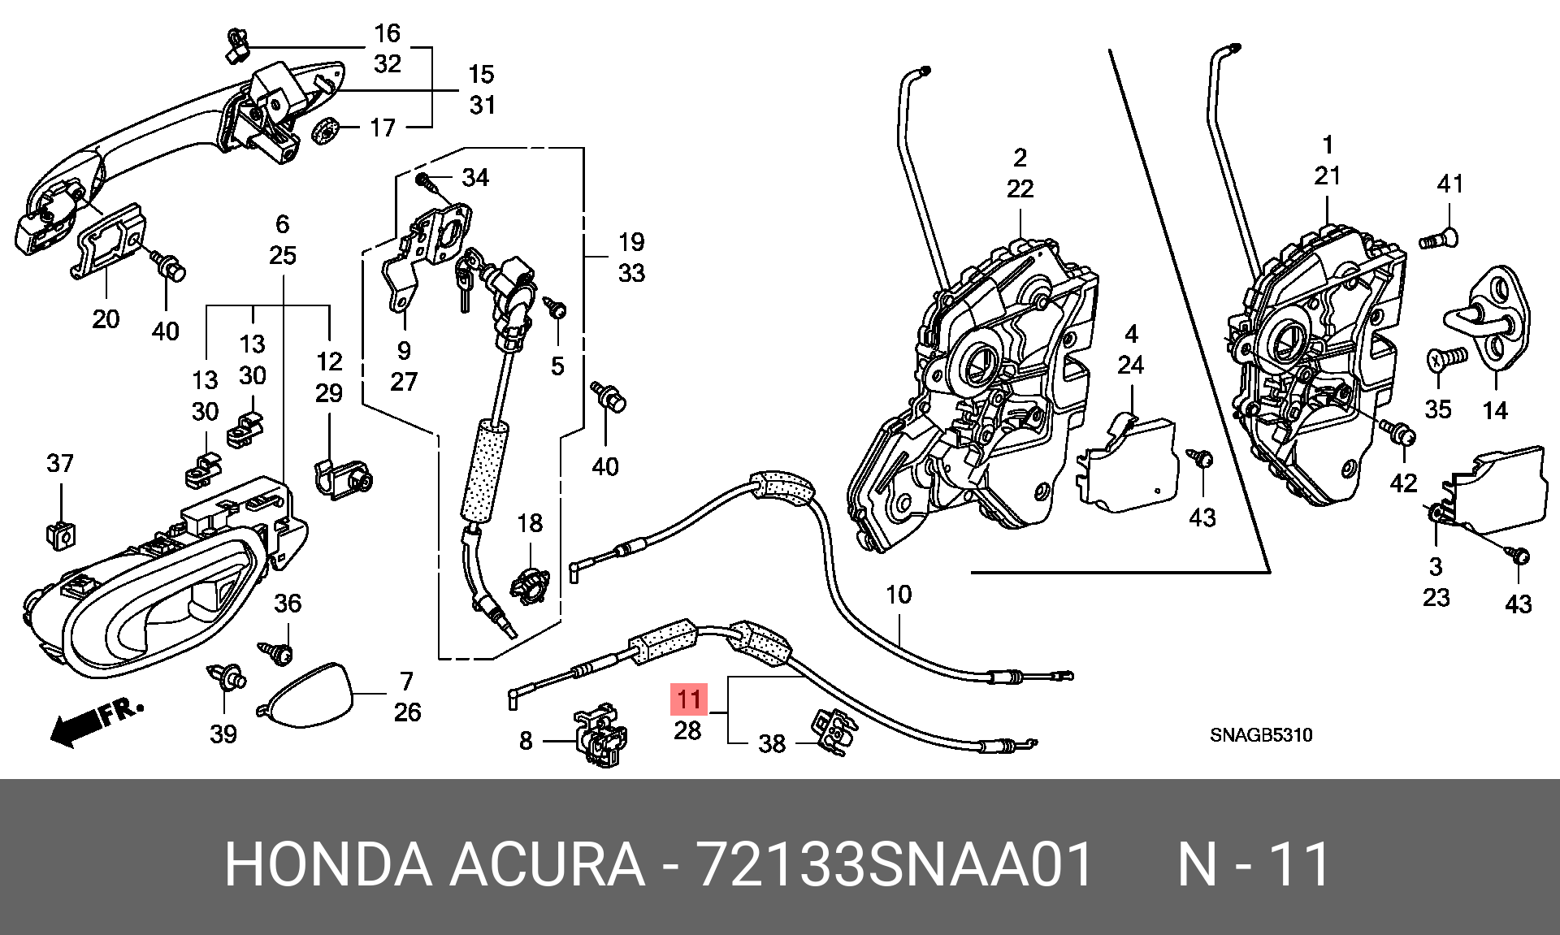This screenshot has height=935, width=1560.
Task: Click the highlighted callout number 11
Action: click(688, 699)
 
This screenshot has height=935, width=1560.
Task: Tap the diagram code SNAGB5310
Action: click(1261, 735)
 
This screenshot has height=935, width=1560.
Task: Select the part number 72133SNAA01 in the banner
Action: click(895, 864)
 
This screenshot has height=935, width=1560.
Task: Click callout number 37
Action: click(60, 463)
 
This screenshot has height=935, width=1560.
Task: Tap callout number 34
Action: click(475, 177)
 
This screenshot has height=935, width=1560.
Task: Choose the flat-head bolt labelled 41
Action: click(1439, 239)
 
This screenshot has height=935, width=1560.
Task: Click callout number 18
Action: click(530, 523)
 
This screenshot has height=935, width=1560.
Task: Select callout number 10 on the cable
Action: click(899, 595)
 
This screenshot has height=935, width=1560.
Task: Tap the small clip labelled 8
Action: click(600, 735)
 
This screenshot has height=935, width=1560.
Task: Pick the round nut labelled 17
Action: click(325, 130)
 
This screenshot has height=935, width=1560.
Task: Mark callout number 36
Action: click(288, 603)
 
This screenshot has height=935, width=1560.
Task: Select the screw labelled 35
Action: click(1447, 357)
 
